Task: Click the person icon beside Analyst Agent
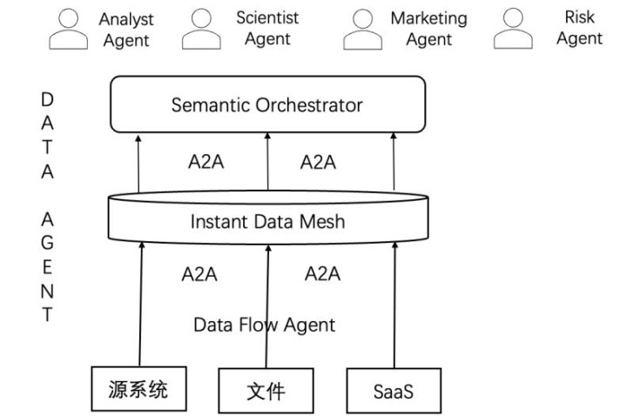(x=67, y=29)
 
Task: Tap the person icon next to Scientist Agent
(x=201, y=29)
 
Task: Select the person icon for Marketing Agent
(x=362, y=29)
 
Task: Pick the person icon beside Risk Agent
(x=514, y=29)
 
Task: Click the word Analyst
(x=126, y=19)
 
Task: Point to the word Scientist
(x=267, y=17)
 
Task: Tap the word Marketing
(x=428, y=18)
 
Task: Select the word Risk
(x=580, y=17)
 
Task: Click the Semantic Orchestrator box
(x=267, y=104)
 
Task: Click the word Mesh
(x=324, y=221)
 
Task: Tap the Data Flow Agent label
(x=264, y=325)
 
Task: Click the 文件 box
(x=265, y=390)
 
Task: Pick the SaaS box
(x=394, y=390)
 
